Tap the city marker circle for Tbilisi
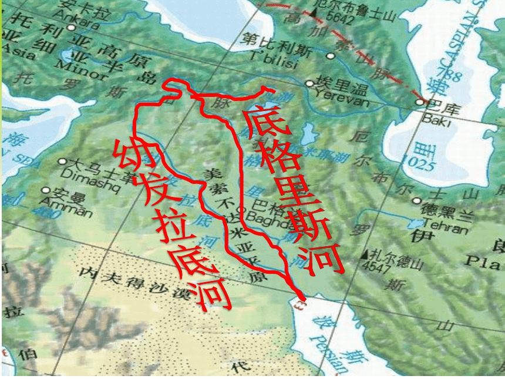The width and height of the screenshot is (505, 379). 331,56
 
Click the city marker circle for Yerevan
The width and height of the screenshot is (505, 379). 309,83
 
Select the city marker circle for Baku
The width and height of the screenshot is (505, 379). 419,102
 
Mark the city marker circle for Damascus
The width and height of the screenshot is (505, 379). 62,161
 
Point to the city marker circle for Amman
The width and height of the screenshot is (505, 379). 46,190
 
